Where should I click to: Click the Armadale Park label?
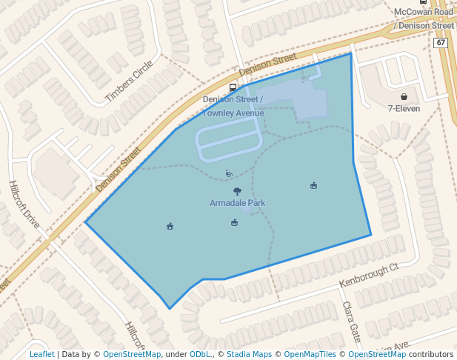(237, 203)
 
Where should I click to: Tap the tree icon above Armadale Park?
(237, 191)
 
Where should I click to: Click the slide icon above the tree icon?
(230, 174)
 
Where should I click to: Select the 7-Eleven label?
(404, 108)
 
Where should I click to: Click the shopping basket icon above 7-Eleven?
(404, 96)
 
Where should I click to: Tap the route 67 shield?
(441, 43)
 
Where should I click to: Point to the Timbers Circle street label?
(128, 81)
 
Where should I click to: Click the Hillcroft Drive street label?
(24, 204)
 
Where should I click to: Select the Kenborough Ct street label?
(369, 275)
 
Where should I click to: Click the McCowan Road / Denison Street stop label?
(424, 19)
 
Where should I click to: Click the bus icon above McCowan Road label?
(423, 2)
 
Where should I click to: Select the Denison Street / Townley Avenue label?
(233, 106)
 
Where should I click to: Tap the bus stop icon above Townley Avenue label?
(233, 87)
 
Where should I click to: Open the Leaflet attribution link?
(41, 354)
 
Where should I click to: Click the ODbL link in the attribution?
(199, 354)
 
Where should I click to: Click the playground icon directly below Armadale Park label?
(234, 222)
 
